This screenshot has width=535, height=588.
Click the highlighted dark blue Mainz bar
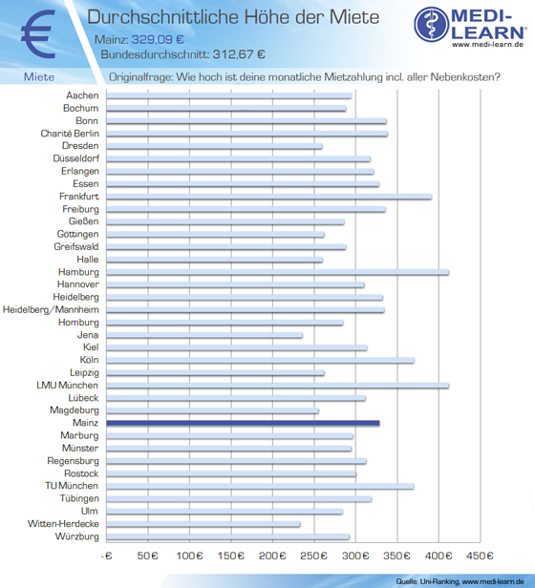tap(243, 423)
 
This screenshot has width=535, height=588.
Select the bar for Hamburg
tap(278, 272)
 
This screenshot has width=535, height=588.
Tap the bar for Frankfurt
tap(269, 197)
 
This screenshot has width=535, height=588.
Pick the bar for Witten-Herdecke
tap(203, 524)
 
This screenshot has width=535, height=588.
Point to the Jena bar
tap(204, 335)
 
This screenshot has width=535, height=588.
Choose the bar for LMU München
tap(278, 386)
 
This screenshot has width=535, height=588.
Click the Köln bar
tap(261, 361)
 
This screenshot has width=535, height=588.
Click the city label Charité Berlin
tap(70, 134)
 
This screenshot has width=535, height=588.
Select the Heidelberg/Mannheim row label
tap(51, 309)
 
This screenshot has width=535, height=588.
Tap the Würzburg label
tap(77, 536)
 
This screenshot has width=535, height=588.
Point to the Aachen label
tap(82, 95)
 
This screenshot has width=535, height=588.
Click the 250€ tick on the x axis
tap(313, 556)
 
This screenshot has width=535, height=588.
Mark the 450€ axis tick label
tap(480, 556)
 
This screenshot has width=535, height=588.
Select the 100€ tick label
tap(189, 556)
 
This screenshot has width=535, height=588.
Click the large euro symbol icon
tap(38, 34)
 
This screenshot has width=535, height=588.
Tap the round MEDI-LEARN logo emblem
tap(432, 25)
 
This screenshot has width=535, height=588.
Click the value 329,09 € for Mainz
tap(158, 39)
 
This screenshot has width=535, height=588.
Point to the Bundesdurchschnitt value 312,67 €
tap(239, 54)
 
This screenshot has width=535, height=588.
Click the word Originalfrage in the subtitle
tap(140, 77)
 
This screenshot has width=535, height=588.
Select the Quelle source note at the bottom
tap(460, 581)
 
